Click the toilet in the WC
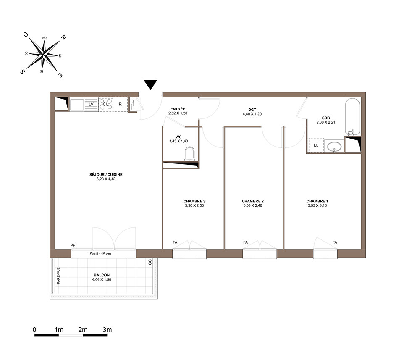point(189,154)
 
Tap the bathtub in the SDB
point(352,117)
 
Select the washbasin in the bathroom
point(334,147)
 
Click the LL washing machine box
point(316,145)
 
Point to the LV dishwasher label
point(91,104)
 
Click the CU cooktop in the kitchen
point(106,104)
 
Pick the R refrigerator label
point(120,104)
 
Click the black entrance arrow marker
point(150,84)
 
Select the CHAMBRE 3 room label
point(194,201)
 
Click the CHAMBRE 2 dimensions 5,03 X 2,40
point(252,205)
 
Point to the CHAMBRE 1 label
point(318,201)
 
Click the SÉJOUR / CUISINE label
point(106,175)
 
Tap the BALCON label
point(102,275)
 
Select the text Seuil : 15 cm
point(100,254)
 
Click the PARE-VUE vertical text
point(58,276)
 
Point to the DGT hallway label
point(252,110)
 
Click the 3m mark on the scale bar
point(107,330)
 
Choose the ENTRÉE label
point(178,109)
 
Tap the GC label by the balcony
point(150,262)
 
